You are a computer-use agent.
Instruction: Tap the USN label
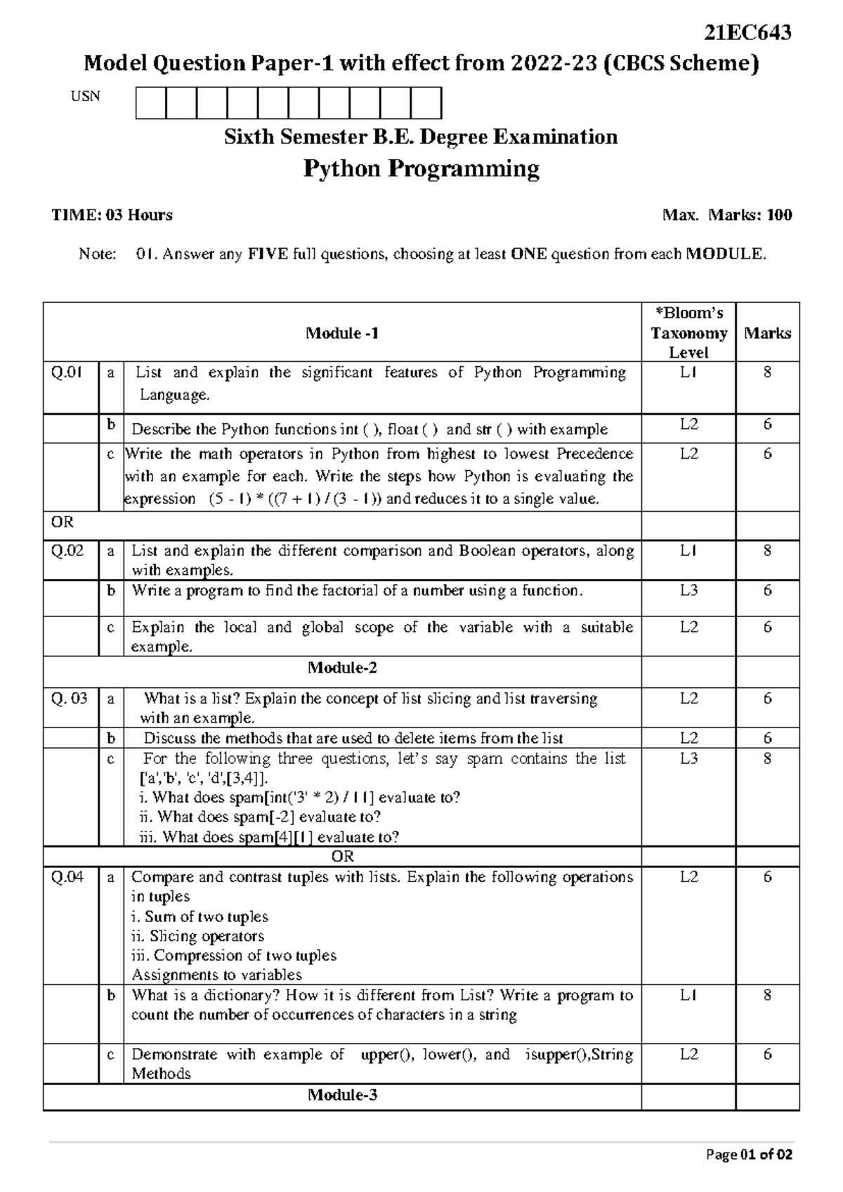pyautogui.click(x=85, y=97)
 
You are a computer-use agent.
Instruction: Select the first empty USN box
pyautogui.click(x=151, y=103)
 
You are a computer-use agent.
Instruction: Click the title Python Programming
pyautogui.click(x=421, y=169)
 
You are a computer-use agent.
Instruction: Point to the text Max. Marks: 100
pyautogui.click(x=727, y=215)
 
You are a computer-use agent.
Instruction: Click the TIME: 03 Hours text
pyautogui.click(x=112, y=215)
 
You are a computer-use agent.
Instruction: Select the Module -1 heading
pyautogui.click(x=342, y=333)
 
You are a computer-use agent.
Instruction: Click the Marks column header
pyautogui.click(x=767, y=333)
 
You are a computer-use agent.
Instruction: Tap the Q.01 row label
pyautogui.click(x=67, y=372)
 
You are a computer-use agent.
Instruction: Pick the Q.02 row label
pyautogui.click(x=67, y=551)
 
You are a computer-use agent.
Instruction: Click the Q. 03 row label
pyautogui.click(x=69, y=699)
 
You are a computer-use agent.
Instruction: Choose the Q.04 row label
pyautogui.click(x=67, y=877)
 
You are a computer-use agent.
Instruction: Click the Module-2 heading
pyautogui.click(x=342, y=668)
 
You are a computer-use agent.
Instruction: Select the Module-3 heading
pyautogui.click(x=342, y=1094)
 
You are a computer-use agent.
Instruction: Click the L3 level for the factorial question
pyautogui.click(x=688, y=591)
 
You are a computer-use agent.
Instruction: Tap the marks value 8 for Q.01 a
pyautogui.click(x=767, y=372)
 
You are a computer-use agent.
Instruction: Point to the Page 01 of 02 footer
pyautogui.click(x=750, y=1155)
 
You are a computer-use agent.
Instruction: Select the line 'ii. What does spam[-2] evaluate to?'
pyautogui.click(x=261, y=817)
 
